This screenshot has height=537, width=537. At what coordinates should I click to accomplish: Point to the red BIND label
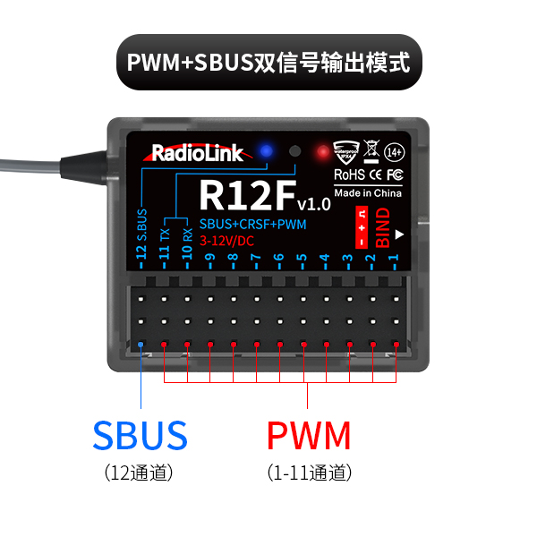point(383,226)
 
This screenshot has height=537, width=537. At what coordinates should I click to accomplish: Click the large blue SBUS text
point(140,436)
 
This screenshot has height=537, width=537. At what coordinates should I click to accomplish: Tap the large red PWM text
point(309,436)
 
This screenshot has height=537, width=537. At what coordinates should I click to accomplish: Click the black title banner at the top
point(268,63)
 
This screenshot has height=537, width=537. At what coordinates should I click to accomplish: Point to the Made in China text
point(368,192)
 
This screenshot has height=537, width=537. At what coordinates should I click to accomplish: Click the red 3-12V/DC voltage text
point(229,241)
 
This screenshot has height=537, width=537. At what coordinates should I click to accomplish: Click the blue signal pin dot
point(141,345)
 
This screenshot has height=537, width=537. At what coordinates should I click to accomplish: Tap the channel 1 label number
point(394,262)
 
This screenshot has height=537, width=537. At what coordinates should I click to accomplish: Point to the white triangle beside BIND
point(401,235)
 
